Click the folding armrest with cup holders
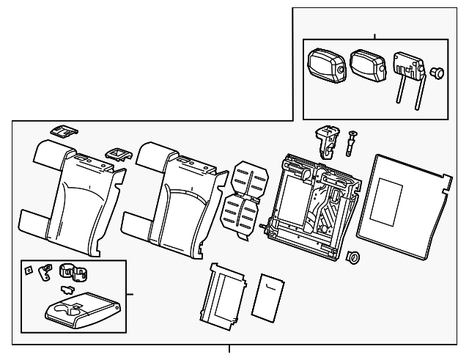click(76, 309)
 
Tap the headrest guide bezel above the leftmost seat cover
click(65, 131)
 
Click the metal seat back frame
click(312, 205)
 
